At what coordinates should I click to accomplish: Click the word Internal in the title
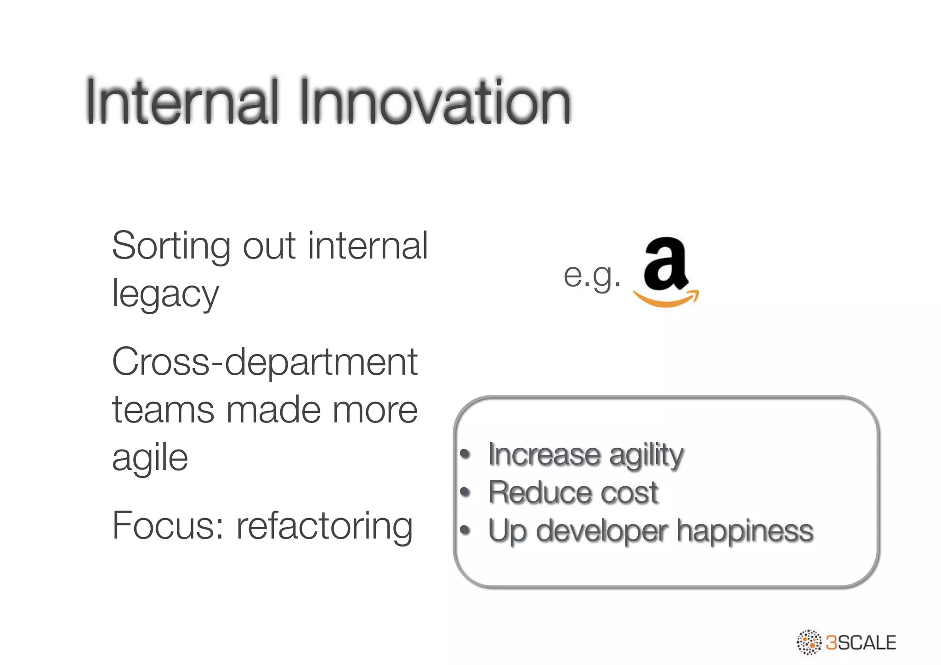pos(181,102)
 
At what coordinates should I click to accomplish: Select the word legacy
pos(165,295)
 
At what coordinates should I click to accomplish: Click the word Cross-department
pos(265,363)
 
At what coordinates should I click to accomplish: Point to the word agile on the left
pos(150,458)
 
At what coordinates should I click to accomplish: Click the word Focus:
pos(168,526)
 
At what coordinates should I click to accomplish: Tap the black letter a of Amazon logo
pos(664,263)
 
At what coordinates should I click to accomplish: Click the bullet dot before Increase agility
pos(465,455)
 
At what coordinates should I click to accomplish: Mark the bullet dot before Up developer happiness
pos(465,531)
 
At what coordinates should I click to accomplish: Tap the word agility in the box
pos(646,456)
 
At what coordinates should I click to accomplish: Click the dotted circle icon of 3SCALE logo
pos(809,642)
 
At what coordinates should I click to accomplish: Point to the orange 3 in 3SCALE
pos(831,642)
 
